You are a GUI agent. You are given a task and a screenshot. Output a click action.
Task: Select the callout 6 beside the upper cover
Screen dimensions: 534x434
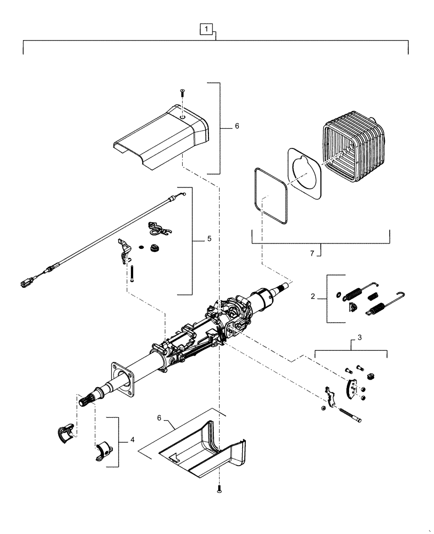point(236,127)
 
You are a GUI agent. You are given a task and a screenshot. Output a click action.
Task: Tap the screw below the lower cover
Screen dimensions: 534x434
point(219,488)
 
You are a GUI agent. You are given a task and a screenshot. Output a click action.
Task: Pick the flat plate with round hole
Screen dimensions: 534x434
point(306,176)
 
